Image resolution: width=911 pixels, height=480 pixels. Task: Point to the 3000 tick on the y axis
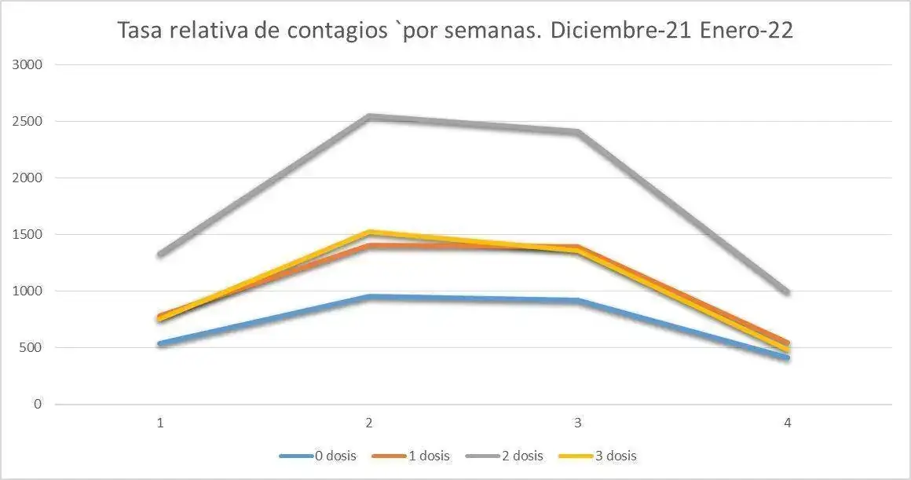point(27,65)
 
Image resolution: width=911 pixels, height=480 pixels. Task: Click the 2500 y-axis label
point(27,122)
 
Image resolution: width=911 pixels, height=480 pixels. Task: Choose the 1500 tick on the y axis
point(27,235)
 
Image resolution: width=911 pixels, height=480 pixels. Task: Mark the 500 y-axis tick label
point(30,348)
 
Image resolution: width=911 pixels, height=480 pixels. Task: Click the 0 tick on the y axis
point(36,405)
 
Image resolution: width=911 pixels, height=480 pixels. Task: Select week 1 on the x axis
point(160,423)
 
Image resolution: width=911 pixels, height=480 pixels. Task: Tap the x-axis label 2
point(369,423)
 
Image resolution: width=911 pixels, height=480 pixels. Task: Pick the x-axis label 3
point(578,423)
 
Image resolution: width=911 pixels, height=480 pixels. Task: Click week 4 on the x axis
point(787,423)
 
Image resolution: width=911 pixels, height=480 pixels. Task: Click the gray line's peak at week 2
point(369,117)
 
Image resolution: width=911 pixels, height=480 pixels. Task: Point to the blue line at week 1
point(160,343)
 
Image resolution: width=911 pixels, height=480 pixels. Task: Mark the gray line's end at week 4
point(787,292)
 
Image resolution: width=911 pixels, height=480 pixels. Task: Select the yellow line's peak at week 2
point(369,233)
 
